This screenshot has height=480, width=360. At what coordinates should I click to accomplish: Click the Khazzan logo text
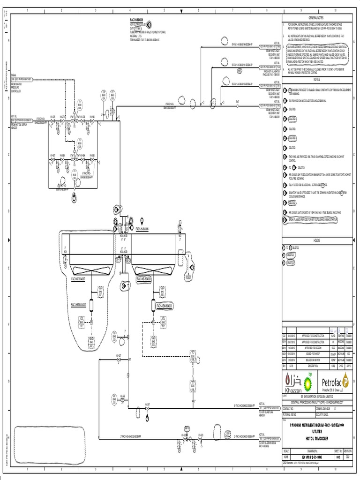294,390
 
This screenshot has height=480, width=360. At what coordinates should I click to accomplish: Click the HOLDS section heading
316,240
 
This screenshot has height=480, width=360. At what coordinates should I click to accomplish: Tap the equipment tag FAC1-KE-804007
80,279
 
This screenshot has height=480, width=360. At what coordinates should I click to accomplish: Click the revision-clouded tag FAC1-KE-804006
144,279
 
